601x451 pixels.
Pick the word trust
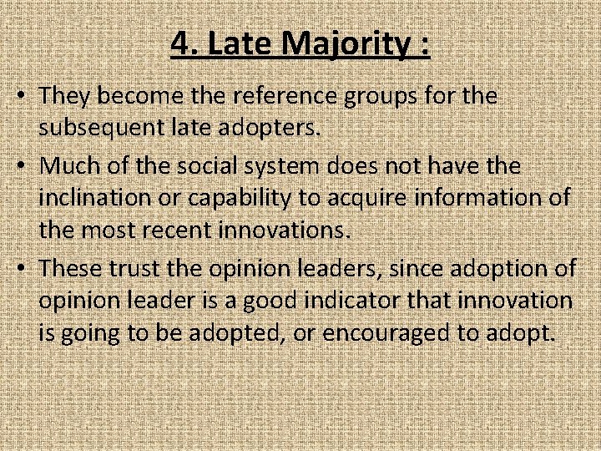137,267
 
